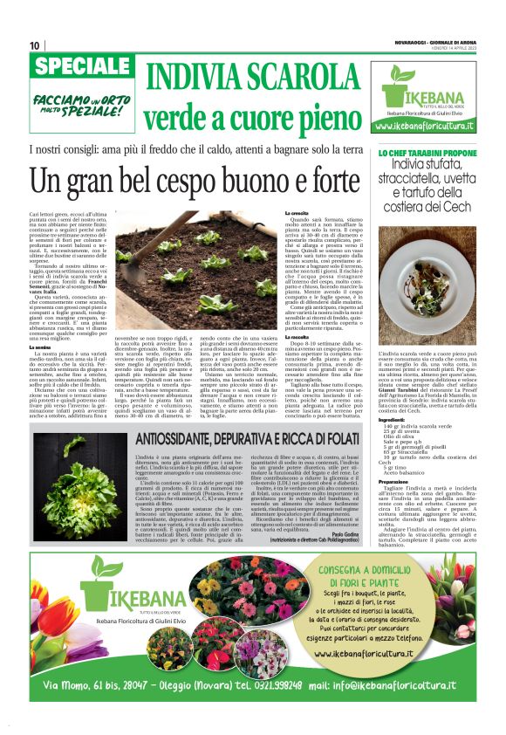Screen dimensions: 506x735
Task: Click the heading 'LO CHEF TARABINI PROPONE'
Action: (427, 153)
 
